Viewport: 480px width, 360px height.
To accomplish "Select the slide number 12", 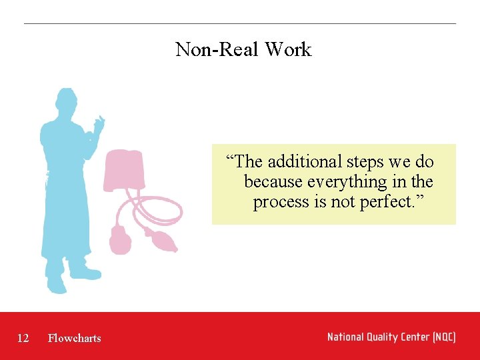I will (x=23, y=338).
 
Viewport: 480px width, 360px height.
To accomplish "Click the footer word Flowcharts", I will (x=75, y=338).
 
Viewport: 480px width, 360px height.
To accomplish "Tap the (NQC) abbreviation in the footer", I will (x=444, y=337).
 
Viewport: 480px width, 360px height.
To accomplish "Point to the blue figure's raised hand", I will (x=99, y=125).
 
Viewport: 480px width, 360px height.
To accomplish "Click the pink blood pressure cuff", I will (x=125, y=170).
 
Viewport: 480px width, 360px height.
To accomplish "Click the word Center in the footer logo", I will (x=416, y=337).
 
